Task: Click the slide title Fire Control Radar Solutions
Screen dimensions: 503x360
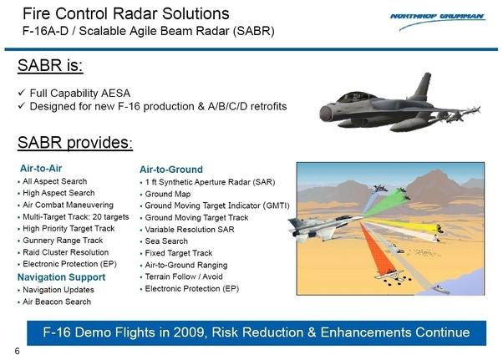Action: tap(125, 14)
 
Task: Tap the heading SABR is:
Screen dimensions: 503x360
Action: tap(50, 65)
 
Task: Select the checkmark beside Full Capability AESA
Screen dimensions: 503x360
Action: tap(22, 93)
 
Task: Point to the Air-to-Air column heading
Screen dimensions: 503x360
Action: tap(41, 168)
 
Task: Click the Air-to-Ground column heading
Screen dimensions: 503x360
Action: tap(171, 170)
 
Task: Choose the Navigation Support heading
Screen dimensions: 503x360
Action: tap(61, 277)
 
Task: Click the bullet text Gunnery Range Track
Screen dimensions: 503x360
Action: tap(63, 241)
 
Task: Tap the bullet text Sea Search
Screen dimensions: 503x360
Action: tap(166, 241)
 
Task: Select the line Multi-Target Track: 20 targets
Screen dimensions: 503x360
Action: tap(76, 217)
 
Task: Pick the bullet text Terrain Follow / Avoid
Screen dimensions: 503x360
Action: tap(184, 276)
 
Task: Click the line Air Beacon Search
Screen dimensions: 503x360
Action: tap(57, 302)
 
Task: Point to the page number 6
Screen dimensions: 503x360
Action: tap(17, 351)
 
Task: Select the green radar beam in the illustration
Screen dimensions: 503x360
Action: tap(384, 205)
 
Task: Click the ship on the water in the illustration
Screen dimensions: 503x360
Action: tap(441, 290)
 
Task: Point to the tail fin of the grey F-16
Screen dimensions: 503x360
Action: tap(423, 86)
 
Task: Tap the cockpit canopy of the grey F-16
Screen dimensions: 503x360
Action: tap(357, 97)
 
